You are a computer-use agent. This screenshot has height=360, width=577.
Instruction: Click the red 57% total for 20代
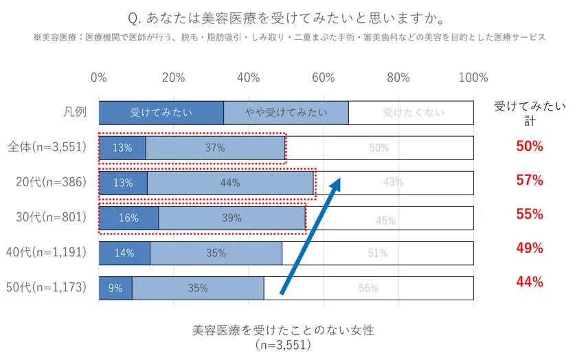tap(530, 181)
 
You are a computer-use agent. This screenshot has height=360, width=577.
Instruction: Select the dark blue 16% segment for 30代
tap(128, 218)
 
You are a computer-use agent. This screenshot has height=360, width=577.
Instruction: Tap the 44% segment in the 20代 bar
tap(230, 183)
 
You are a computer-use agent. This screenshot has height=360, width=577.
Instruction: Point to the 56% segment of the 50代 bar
tap(368, 288)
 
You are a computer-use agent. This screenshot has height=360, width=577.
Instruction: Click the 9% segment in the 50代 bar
tap(115, 288)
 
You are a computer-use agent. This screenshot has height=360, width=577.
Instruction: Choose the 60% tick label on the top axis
tap(324, 78)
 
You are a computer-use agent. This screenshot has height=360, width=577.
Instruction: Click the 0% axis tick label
tap(99, 78)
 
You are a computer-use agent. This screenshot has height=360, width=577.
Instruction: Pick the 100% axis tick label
tap(473, 78)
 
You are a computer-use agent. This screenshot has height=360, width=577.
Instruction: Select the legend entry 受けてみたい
tap(161, 113)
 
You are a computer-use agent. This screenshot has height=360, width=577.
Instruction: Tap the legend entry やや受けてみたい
tap(286, 113)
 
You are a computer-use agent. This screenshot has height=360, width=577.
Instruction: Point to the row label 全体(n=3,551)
tap(47, 147)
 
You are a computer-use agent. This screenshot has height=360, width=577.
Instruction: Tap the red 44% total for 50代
tap(530, 282)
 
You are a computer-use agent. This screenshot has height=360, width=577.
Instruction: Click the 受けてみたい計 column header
tap(530, 113)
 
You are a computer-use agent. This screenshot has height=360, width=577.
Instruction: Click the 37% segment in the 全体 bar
tap(215, 148)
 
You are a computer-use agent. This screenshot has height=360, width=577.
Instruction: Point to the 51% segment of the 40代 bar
tap(377, 253)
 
